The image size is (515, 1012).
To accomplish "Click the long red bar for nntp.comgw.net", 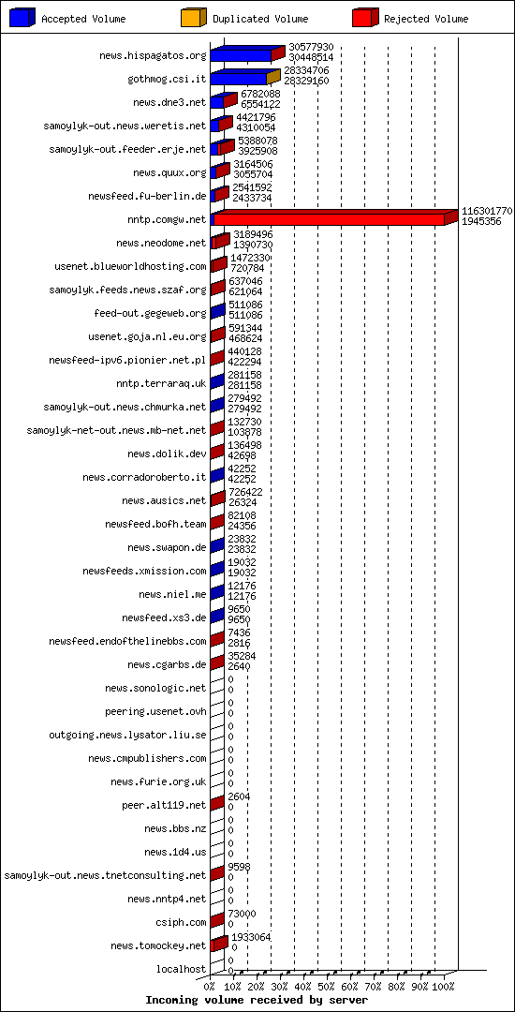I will coord(328,219).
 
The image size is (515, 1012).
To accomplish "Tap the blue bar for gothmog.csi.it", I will coord(239,79).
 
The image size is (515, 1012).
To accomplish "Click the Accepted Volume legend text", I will coord(83,19).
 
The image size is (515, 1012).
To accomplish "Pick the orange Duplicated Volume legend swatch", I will coord(192,17).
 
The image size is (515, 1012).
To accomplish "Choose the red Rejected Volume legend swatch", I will coord(365,17).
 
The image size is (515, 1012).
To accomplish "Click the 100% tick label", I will coord(443,987).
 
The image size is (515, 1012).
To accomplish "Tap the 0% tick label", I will coord(210,987).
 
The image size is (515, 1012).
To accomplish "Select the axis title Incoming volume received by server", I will coord(257,1001).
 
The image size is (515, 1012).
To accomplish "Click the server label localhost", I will coord(181,969).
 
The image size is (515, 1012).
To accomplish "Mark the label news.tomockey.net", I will coord(157,945).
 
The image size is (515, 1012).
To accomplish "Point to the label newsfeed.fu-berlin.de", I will coord(147,196).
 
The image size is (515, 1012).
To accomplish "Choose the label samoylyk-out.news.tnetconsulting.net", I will coord(105,875).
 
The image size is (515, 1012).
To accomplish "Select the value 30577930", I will coord(311,47).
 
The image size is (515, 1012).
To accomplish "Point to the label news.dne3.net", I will coord(169,102).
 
